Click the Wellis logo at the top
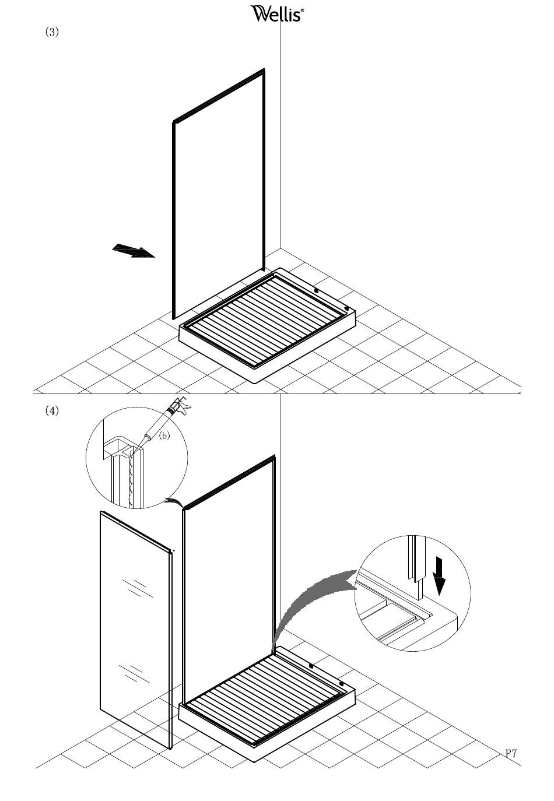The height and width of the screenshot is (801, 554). (x=277, y=13)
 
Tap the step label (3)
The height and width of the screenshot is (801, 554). (x=52, y=32)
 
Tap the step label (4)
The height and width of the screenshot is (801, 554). (x=52, y=410)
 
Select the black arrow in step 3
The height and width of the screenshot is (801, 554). (x=134, y=251)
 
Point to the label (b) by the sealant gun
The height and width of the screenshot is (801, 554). (x=164, y=435)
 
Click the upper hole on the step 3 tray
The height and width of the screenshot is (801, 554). (x=316, y=291)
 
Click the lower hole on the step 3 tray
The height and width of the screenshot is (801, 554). (x=346, y=308)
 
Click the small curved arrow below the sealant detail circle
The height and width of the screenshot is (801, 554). (x=174, y=501)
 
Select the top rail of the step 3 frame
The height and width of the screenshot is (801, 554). (x=219, y=96)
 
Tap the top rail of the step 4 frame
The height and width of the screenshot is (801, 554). (x=229, y=483)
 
